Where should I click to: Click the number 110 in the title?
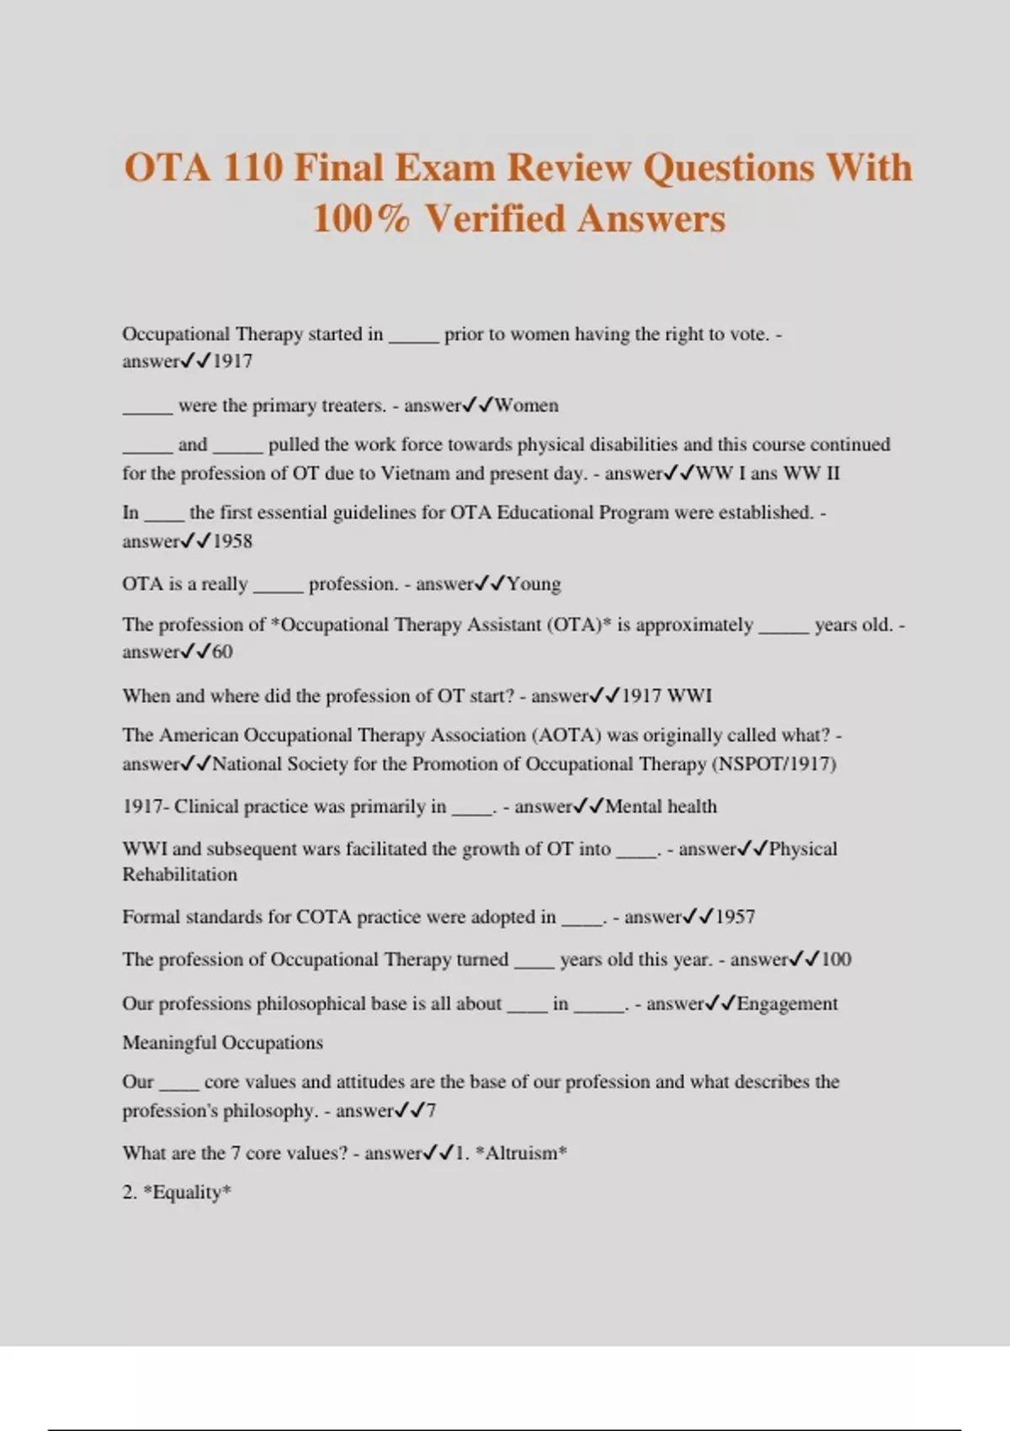click(252, 167)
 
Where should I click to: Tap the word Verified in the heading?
click(495, 219)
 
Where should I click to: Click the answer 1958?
click(232, 541)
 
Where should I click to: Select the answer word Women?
click(527, 406)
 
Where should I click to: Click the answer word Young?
click(534, 584)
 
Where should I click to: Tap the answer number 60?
click(222, 652)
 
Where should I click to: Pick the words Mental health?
click(661, 806)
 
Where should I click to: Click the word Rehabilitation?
click(179, 875)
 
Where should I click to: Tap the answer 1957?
click(735, 917)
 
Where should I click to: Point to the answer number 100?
click(836, 960)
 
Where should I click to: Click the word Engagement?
click(787, 1003)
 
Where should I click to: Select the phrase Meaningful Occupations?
click(222, 1043)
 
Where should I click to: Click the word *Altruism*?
click(521, 1153)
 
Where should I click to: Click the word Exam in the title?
click(446, 167)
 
